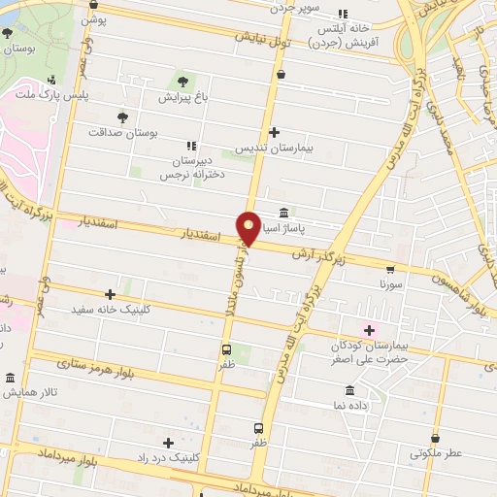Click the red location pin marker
click(x=248, y=227)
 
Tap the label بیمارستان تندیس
click(x=274, y=149)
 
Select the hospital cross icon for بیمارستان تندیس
click(x=274, y=132)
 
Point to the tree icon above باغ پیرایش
click(x=180, y=79)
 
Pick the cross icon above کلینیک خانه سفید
click(x=110, y=293)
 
